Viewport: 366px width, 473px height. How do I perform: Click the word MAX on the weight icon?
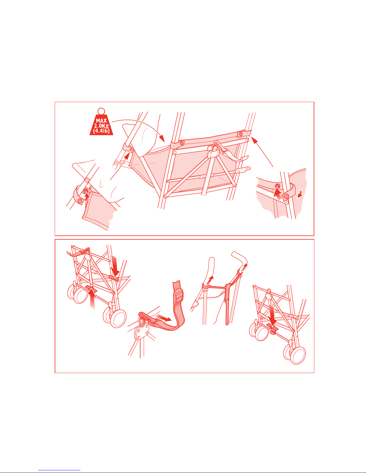click(101, 121)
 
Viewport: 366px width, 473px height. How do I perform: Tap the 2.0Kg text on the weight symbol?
click(101, 126)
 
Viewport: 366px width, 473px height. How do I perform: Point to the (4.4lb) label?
click(101, 131)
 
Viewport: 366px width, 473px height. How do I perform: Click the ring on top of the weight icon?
click(101, 111)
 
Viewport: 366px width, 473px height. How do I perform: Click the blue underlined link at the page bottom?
click(59, 470)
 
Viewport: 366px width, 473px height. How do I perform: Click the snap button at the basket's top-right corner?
click(241, 134)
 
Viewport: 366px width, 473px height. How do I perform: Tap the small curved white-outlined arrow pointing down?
click(300, 193)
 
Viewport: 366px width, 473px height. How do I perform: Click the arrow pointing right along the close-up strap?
click(164, 317)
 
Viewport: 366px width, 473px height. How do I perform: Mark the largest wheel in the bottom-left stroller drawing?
click(118, 319)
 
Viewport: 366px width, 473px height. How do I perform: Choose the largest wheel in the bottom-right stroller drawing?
click(298, 356)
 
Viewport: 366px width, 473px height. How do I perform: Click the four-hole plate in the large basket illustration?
click(214, 155)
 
